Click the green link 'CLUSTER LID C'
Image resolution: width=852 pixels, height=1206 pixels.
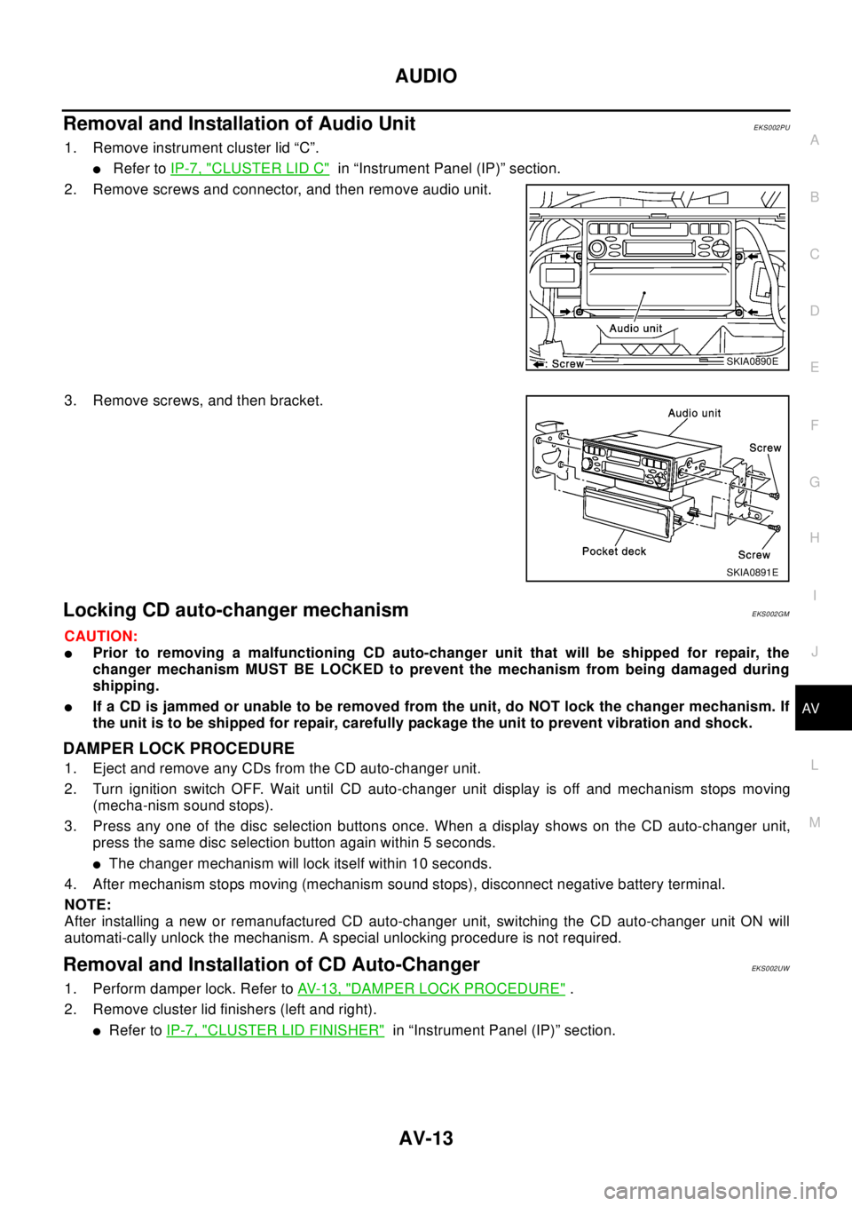pyautogui.click(x=249, y=168)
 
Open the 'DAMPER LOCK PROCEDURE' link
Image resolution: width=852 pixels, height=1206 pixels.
pyautogui.click(x=431, y=988)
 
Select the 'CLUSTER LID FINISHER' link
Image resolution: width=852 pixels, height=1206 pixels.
pyautogui.click(x=275, y=1029)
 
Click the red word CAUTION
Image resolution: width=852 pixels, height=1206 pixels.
pyautogui.click(x=100, y=637)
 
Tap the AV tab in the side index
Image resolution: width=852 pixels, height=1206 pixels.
pyautogui.click(x=810, y=709)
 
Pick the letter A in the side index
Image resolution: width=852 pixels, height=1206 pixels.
pyautogui.click(x=814, y=140)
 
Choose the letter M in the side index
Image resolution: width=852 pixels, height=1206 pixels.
pyautogui.click(x=814, y=822)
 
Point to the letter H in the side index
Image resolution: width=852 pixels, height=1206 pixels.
pyautogui.click(x=814, y=538)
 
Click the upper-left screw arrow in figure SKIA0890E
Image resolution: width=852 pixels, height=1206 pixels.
pyautogui.click(x=564, y=256)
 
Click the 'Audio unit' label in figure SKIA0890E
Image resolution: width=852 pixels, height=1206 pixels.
pyautogui.click(x=635, y=329)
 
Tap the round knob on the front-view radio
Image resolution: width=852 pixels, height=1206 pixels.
pyautogui.click(x=596, y=249)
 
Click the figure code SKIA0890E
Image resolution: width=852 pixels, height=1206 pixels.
pyautogui.click(x=751, y=361)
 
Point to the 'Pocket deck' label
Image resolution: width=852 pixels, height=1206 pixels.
pyautogui.click(x=614, y=551)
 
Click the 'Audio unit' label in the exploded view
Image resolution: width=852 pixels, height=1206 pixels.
pyautogui.click(x=694, y=413)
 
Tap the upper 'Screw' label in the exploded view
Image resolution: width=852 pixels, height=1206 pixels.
pyautogui.click(x=764, y=448)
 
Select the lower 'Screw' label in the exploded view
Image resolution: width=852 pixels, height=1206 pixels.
pyautogui.click(x=753, y=554)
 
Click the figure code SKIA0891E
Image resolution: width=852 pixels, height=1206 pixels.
pyautogui.click(x=752, y=573)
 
